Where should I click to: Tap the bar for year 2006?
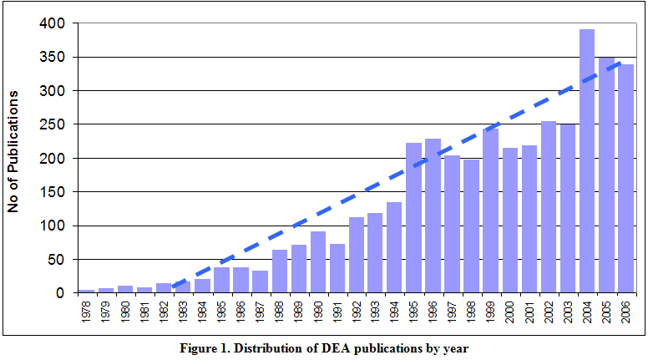[x=625, y=180]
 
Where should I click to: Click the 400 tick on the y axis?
[x=53, y=23]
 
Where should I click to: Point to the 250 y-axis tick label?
[x=53, y=124]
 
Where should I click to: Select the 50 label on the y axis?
[x=56, y=260]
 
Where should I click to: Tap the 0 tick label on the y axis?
[x=60, y=293]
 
